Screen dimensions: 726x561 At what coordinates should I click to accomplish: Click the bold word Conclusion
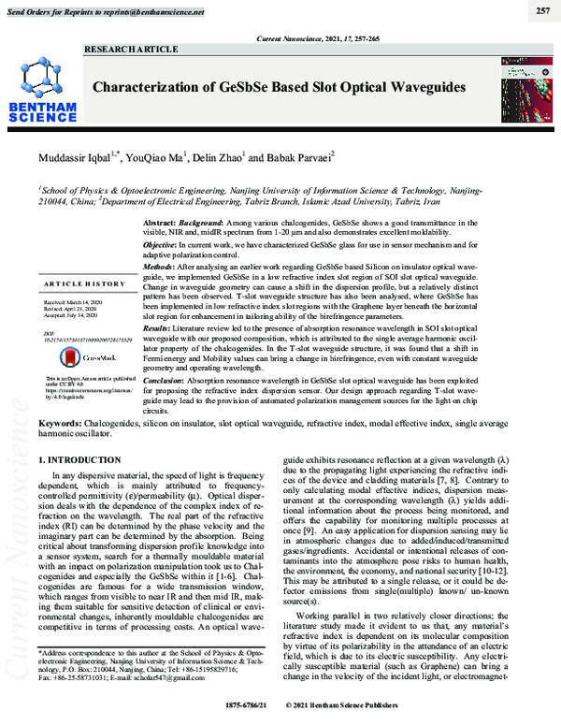point(166,382)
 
